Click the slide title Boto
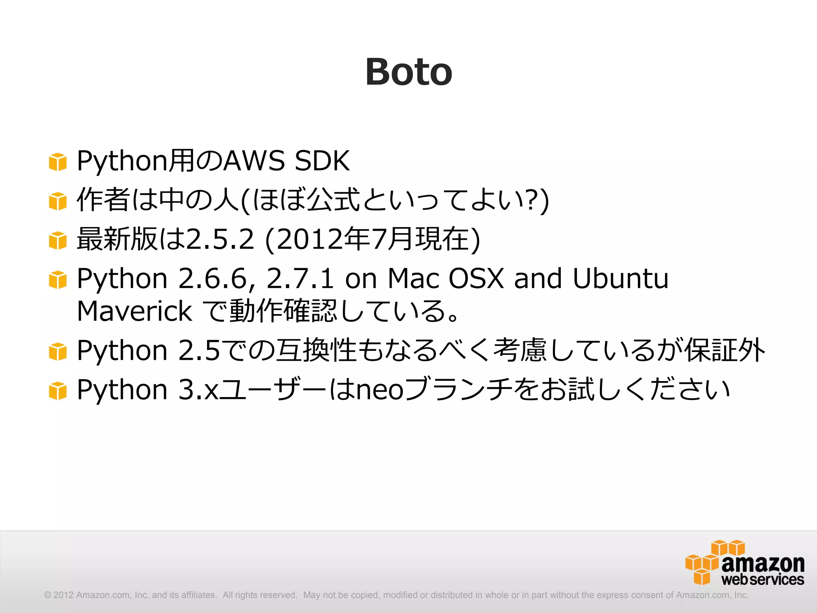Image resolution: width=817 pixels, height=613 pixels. [x=408, y=72]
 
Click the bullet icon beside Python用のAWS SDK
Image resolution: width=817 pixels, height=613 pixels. [x=57, y=162]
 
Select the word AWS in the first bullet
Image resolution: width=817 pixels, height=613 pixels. [x=254, y=161]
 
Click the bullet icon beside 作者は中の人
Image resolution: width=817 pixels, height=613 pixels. [x=57, y=201]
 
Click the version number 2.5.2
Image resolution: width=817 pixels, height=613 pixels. [x=220, y=239]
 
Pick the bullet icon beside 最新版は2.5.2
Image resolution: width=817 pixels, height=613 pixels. [x=57, y=240]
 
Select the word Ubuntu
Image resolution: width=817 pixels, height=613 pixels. [x=620, y=278]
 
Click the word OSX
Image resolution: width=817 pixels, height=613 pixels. [x=476, y=278]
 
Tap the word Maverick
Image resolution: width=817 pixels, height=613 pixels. [x=134, y=311]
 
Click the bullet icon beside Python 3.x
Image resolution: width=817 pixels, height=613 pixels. [x=57, y=390]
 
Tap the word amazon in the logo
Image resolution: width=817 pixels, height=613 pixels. [x=763, y=563]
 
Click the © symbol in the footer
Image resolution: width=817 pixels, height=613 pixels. [x=47, y=595]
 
